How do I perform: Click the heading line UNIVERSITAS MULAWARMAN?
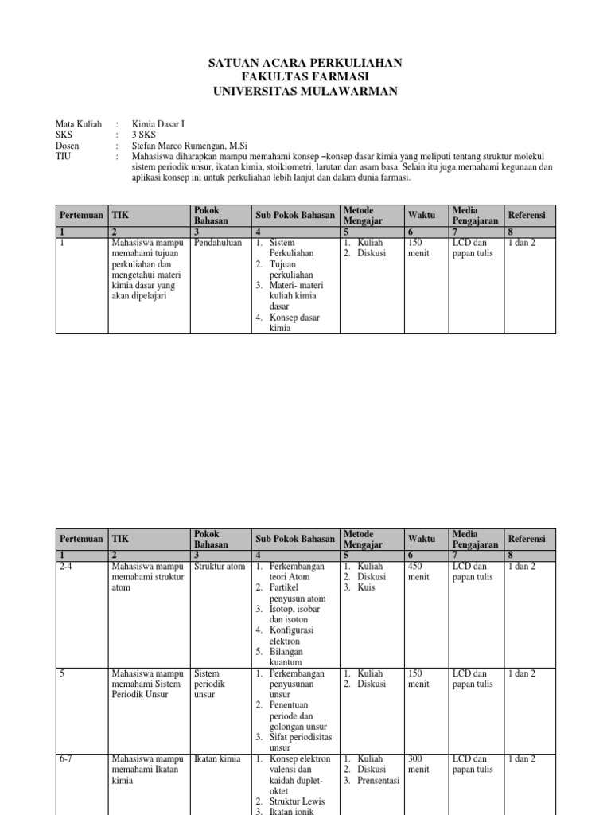click(x=305, y=92)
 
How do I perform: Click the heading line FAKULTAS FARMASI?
click(x=305, y=77)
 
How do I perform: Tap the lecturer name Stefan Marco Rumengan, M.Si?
click(x=189, y=146)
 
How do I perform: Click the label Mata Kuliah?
click(x=79, y=124)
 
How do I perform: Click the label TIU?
click(x=64, y=158)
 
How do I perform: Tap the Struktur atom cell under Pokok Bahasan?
click(x=220, y=567)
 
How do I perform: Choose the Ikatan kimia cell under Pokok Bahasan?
click(x=217, y=759)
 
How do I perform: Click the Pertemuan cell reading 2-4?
click(x=68, y=567)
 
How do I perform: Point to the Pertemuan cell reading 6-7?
click(x=68, y=759)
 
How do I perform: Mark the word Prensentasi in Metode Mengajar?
click(x=378, y=781)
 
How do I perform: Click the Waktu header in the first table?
click(x=422, y=215)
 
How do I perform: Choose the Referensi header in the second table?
click(x=527, y=539)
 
